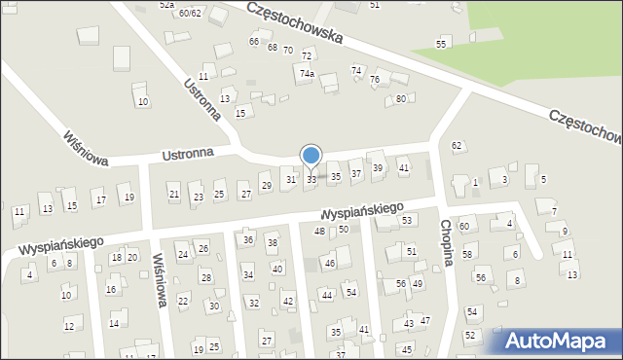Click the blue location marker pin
[311, 156]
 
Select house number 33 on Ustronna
[311, 179]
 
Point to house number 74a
[307, 74]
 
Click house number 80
[400, 99]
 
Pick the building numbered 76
[374, 79]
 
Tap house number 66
[254, 42]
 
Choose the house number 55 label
[442, 45]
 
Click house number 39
[378, 168]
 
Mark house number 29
[266, 186]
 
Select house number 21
[174, 195]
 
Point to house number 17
[99, 200]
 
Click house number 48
[319, 231]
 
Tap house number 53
[408, 221]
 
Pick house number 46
[330, 264]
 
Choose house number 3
[503, 179]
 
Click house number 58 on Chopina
[467, 254]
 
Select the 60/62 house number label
[190, 13]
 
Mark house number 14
[114, 323]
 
